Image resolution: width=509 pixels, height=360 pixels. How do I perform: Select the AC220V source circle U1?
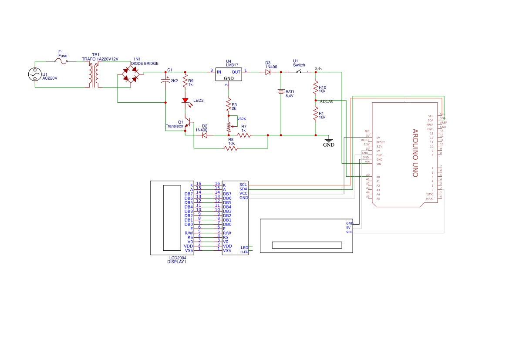pos(35,74)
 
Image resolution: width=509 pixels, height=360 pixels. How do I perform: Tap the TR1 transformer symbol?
pos(94,74)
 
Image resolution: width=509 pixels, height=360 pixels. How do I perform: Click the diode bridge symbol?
pos(131,74)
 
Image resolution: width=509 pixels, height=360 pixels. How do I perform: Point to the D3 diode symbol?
pos(268,72)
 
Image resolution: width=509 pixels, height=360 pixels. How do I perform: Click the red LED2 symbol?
pos(185,101)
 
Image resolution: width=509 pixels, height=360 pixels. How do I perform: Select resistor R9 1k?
pos(185,81)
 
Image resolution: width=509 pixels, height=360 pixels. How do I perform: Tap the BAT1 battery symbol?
pos(281,92)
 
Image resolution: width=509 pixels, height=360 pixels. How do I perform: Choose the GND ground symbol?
pos(329,140)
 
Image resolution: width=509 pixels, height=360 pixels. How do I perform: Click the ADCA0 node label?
pos(326,101)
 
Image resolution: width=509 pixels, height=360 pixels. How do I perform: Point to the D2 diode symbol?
pos(204,135)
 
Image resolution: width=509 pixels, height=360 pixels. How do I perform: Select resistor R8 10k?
pos(231,148)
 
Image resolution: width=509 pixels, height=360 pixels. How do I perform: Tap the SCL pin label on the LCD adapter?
pos(243,185)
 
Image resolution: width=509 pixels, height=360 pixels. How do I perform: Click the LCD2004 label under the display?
pos(177,258)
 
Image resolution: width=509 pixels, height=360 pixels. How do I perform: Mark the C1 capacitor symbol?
pos(165,81)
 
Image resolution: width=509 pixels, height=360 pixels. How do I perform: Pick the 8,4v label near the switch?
pos(318,69)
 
